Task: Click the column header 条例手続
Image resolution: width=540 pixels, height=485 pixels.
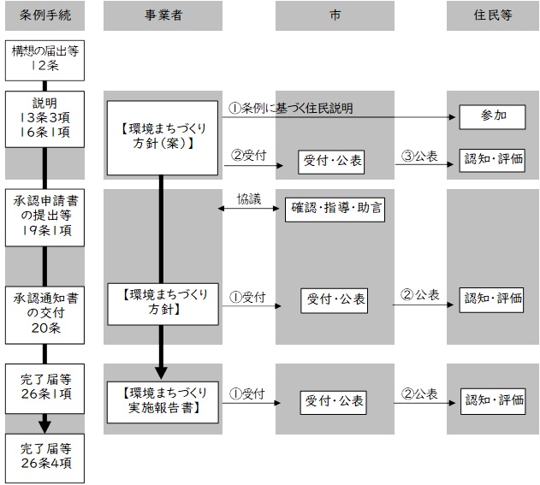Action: [x=45, y=15]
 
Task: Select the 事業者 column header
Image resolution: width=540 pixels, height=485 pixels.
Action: [x=163, y=15]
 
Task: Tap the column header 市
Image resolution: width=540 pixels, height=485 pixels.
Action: [x=335, y=15]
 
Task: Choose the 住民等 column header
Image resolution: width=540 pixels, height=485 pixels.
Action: [x=493, y=15]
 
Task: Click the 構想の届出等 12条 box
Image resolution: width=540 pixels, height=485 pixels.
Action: [x=45, y=58]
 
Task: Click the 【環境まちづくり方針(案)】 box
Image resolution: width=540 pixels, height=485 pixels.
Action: [x=163, y=138]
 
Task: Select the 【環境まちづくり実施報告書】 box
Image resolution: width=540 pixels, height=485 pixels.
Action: [x=163, y=399]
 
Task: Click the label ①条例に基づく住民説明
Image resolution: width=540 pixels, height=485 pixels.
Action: [x=291, y=109]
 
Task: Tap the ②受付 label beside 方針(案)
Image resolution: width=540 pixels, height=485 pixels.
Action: [x=250, y=155]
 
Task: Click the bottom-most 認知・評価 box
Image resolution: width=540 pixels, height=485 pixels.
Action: [x=493, y=399]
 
